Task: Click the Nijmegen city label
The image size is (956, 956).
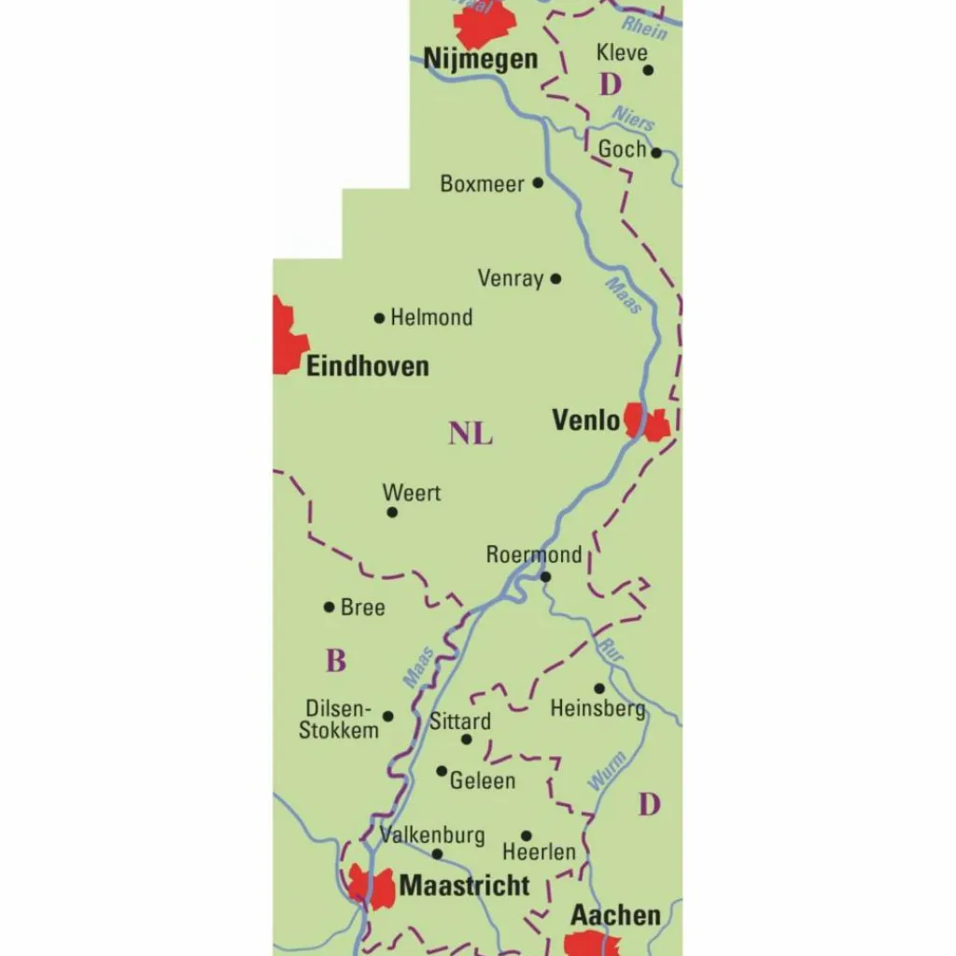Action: coord(481,59)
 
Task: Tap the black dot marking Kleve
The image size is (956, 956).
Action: coord(648,69)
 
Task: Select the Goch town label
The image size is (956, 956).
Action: coord(622,148)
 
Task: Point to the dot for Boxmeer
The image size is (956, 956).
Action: coord(538,183)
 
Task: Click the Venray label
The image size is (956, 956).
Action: coord(510,278)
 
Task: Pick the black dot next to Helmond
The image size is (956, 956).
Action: coord(379,318)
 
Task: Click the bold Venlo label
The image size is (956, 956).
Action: coord(585,420)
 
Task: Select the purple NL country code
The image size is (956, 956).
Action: coord(471,434)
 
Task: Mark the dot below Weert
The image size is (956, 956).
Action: coord(392,512)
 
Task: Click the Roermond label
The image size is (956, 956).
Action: coord(533,555)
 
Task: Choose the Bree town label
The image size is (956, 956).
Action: coord(362,608)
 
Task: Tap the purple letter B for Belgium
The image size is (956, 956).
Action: coord(336,661)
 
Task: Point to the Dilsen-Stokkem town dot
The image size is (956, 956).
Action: coord(388,716)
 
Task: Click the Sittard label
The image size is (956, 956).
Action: coord(459,722)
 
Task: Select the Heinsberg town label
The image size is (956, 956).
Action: coord(597,709)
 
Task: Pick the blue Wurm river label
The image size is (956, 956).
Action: coord(607,771)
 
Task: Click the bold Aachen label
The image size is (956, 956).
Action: coord(615,915)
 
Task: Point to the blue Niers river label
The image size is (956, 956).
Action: coord(633,119)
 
